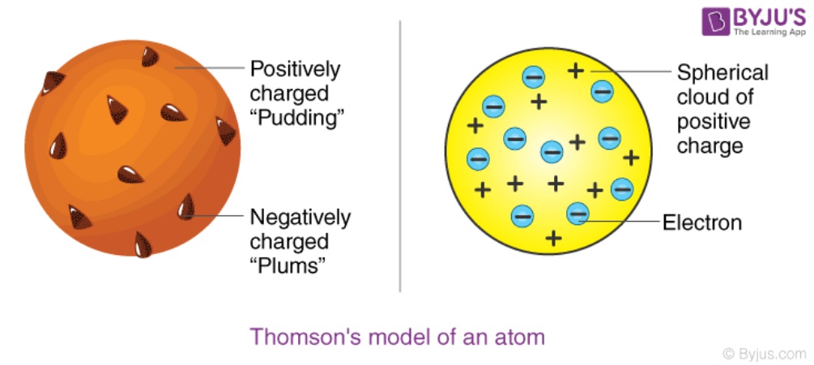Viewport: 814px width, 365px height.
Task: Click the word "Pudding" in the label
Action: pyautogui.click(x=297, y=119)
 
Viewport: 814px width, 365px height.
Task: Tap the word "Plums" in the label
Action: pyautogui.click(x=288, y=266)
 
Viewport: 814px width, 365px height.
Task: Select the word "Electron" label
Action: pyautogui.click(x=702, y=223)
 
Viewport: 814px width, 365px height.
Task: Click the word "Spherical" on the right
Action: pyautogui.click(x=722, y=73)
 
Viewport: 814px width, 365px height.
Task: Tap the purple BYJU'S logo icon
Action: pyautogui.click(x=715, y=21)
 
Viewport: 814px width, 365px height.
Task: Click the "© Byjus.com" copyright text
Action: pyautogui.click(x=765, y=354)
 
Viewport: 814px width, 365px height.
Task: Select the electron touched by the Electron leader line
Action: pyautogui.click(x=577, y=213)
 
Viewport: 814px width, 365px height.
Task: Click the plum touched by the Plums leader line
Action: pyautogui.click(x=186, y=206)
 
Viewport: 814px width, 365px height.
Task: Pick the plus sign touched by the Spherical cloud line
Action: pyautogui.click(x=575, y=70)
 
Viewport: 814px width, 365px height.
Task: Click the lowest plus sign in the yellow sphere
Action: pyautogui.click(x=553, y=238)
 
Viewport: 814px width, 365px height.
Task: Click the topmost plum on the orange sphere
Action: pyautogui.click(x=150, y=57)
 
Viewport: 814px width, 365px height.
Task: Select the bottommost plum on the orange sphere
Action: pyautogui.click(x=143, y=245)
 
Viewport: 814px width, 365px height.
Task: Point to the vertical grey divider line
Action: pyautogui.click(x=400, y=156)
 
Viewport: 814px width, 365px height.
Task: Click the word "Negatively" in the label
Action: pyautogui.click(x=300, y=218)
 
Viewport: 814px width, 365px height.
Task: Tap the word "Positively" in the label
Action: pyautogui.click(x=295, y=70)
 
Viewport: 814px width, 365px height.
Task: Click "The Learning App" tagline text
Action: pyautogui.click(x=770, y=32)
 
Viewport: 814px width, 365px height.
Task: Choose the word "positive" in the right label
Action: pyautogui.click(x=714, y=123)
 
